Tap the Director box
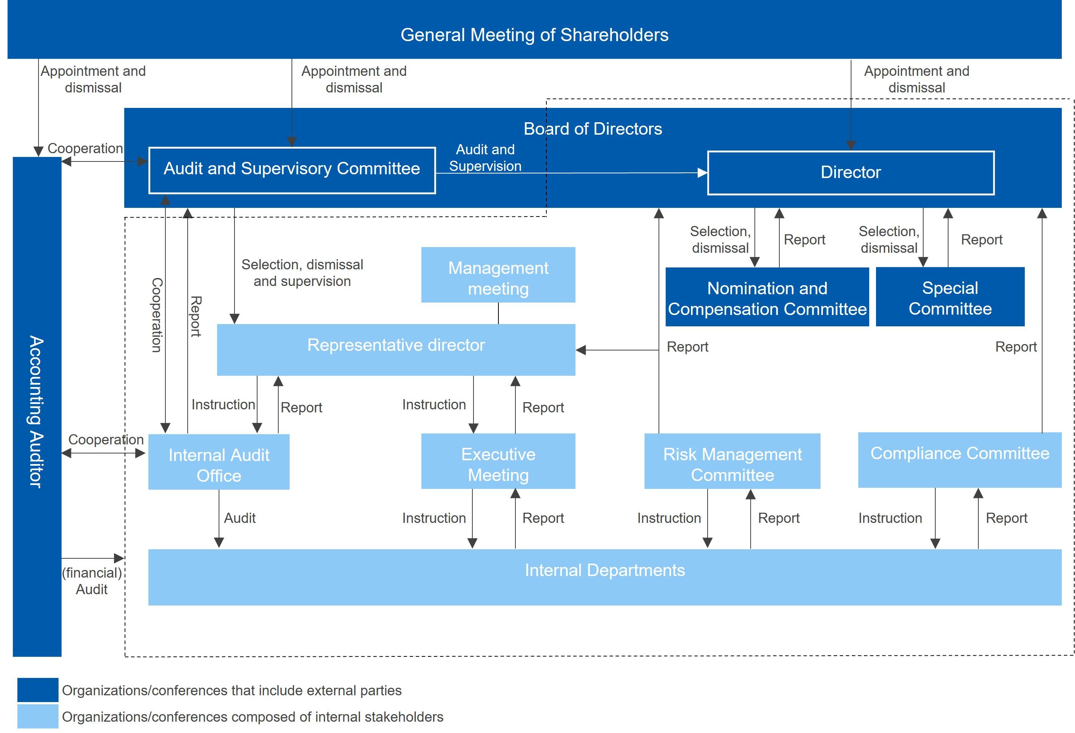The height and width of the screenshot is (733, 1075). (851, 173)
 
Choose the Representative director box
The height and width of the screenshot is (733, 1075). (396, 349)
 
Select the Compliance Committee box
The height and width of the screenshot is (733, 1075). (960, 460)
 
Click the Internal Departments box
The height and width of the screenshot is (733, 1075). (605, 577)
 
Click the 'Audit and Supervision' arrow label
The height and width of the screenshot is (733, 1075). (485, 158)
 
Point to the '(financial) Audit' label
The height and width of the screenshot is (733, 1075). (92, 581)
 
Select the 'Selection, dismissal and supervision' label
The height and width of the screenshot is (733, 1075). (302, 273)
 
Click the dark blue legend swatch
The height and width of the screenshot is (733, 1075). (38, 690)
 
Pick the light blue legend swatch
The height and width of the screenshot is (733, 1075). (38, 716)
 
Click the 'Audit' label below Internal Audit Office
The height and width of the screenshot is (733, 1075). (240, 518)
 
